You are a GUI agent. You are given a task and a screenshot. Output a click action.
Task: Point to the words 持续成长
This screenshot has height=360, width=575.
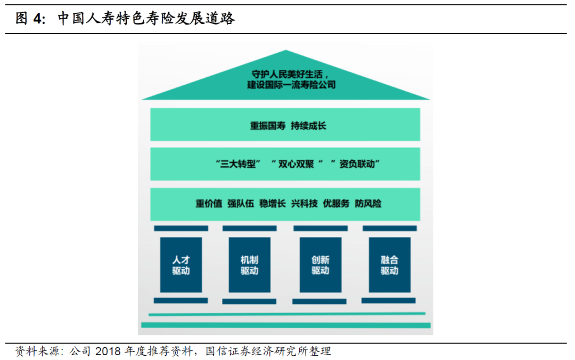tap(308, 126)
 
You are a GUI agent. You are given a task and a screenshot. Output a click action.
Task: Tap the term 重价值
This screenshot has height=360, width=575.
tap(209, 203)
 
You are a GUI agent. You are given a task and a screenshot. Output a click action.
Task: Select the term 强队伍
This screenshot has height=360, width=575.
tap(241, 203)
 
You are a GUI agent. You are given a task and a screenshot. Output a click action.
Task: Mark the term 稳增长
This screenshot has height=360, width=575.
tap(273, 203)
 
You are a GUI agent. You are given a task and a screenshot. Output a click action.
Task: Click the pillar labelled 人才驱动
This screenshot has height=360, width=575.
tap(181, 265)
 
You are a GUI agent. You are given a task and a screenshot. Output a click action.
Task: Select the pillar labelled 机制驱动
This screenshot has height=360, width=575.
tap(249, 265)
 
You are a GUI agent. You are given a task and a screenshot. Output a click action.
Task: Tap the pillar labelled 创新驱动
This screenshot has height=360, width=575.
tap(321, 265)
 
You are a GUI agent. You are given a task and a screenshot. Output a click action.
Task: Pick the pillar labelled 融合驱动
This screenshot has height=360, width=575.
tap(389, 265)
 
